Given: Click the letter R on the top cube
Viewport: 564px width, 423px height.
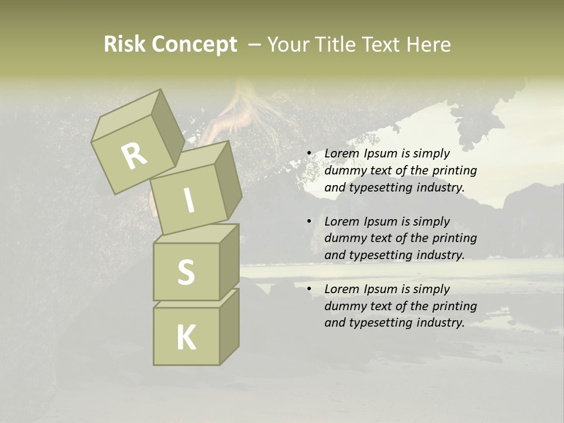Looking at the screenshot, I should click(x=134, y=156).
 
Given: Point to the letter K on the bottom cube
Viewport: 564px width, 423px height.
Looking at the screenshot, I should click(x=186, y=338).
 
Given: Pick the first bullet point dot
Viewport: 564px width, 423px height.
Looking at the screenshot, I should click(x=309, y=154).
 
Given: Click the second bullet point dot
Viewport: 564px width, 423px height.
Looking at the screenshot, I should click(x=309, y=222).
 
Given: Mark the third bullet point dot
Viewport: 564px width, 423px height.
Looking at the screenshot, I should click(x=309, y=290).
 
